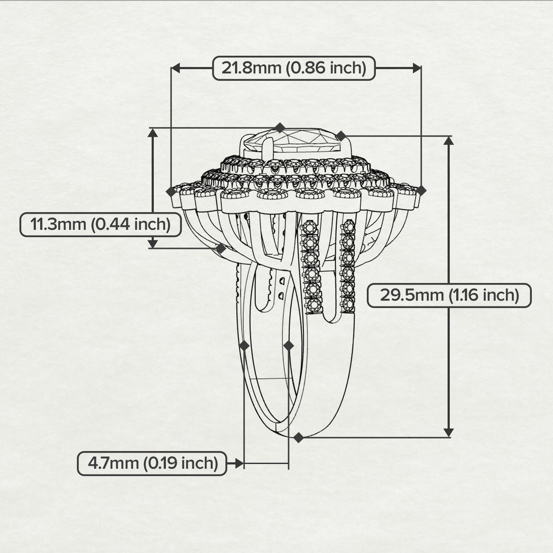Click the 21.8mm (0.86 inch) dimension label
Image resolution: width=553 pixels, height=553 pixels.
[x=294, y=68]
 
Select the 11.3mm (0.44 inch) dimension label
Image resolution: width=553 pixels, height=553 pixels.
[x=100, y=225]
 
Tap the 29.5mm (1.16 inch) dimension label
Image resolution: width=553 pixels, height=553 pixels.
[x=449, y=295]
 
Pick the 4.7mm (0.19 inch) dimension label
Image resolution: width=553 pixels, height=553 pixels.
[x=152, y=463]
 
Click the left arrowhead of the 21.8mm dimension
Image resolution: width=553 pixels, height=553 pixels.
[x=175, y=67]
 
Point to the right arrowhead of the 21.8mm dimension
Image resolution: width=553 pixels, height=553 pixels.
[x=417, y=67]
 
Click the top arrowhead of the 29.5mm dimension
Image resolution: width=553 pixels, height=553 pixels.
[x=448, y=141]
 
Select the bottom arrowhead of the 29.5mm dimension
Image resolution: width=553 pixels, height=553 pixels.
[x=448, y=432]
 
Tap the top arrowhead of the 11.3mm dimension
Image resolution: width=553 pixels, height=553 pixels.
[x=153, y=133]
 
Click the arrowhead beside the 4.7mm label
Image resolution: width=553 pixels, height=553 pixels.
[x=239, y=463]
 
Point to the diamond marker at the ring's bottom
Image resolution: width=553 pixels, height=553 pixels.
[x=298, y=437]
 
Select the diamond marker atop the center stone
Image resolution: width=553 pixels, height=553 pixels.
[x=280, y=127]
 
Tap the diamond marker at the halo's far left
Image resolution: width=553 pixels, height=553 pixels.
[x=171, y=191]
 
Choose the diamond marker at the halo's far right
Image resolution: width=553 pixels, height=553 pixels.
[x=421, y=191]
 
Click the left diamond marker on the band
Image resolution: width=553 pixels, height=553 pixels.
[x=244, y=345]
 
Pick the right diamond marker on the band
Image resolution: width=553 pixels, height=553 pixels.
[x=289, y=345]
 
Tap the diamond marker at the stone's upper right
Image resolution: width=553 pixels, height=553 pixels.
[x=341, y=136]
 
